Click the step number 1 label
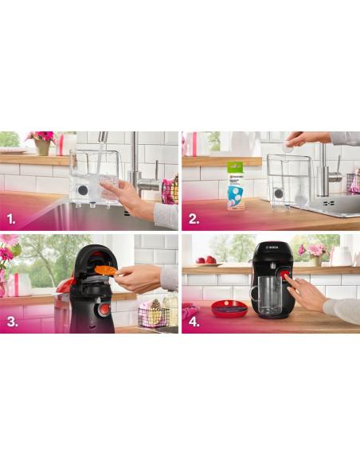click(x=12, y=217)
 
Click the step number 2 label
click(x=194, y=217)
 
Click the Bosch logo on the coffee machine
click(x=272, y=248)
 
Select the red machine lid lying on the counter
click(x=229, y=307)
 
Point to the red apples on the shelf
click(x=205, y=260)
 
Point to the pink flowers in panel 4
click(x=316, y=249)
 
